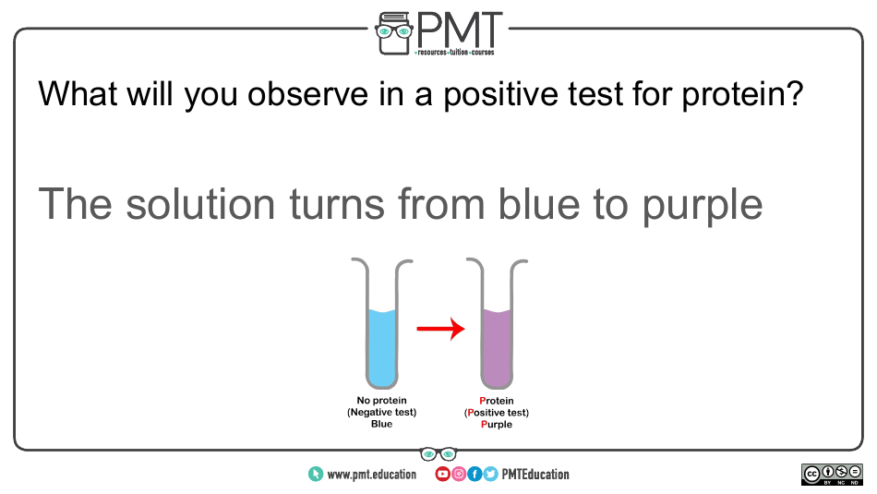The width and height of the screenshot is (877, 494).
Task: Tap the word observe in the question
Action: click(308, 93)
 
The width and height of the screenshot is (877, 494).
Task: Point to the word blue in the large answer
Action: click(539, 204)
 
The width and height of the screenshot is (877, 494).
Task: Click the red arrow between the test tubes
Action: click(440, 329)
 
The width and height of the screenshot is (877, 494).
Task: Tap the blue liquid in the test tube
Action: click(382, 348)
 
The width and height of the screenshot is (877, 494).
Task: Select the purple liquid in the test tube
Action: click(498, 348)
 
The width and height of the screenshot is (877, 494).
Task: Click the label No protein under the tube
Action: click(381, 401)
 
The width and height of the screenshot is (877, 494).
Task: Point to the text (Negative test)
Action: click(382, 413)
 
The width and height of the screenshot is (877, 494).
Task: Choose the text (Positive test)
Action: click(497, 413)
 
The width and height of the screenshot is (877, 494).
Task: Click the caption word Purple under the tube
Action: click(497, 425)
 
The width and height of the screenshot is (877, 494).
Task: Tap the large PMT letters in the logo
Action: click(459, 30)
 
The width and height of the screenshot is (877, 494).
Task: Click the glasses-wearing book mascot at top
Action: click(394, 33)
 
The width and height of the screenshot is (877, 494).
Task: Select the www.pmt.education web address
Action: click(372, 475)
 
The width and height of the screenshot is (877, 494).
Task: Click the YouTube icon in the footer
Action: click(442, 475)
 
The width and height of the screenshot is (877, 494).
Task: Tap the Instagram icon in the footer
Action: click(459, 475)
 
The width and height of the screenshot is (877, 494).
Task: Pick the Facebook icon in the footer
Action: click(475, 475)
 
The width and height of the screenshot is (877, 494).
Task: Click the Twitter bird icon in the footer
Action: click(490, 475)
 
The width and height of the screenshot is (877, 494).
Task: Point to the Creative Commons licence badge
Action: click(832, 475)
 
